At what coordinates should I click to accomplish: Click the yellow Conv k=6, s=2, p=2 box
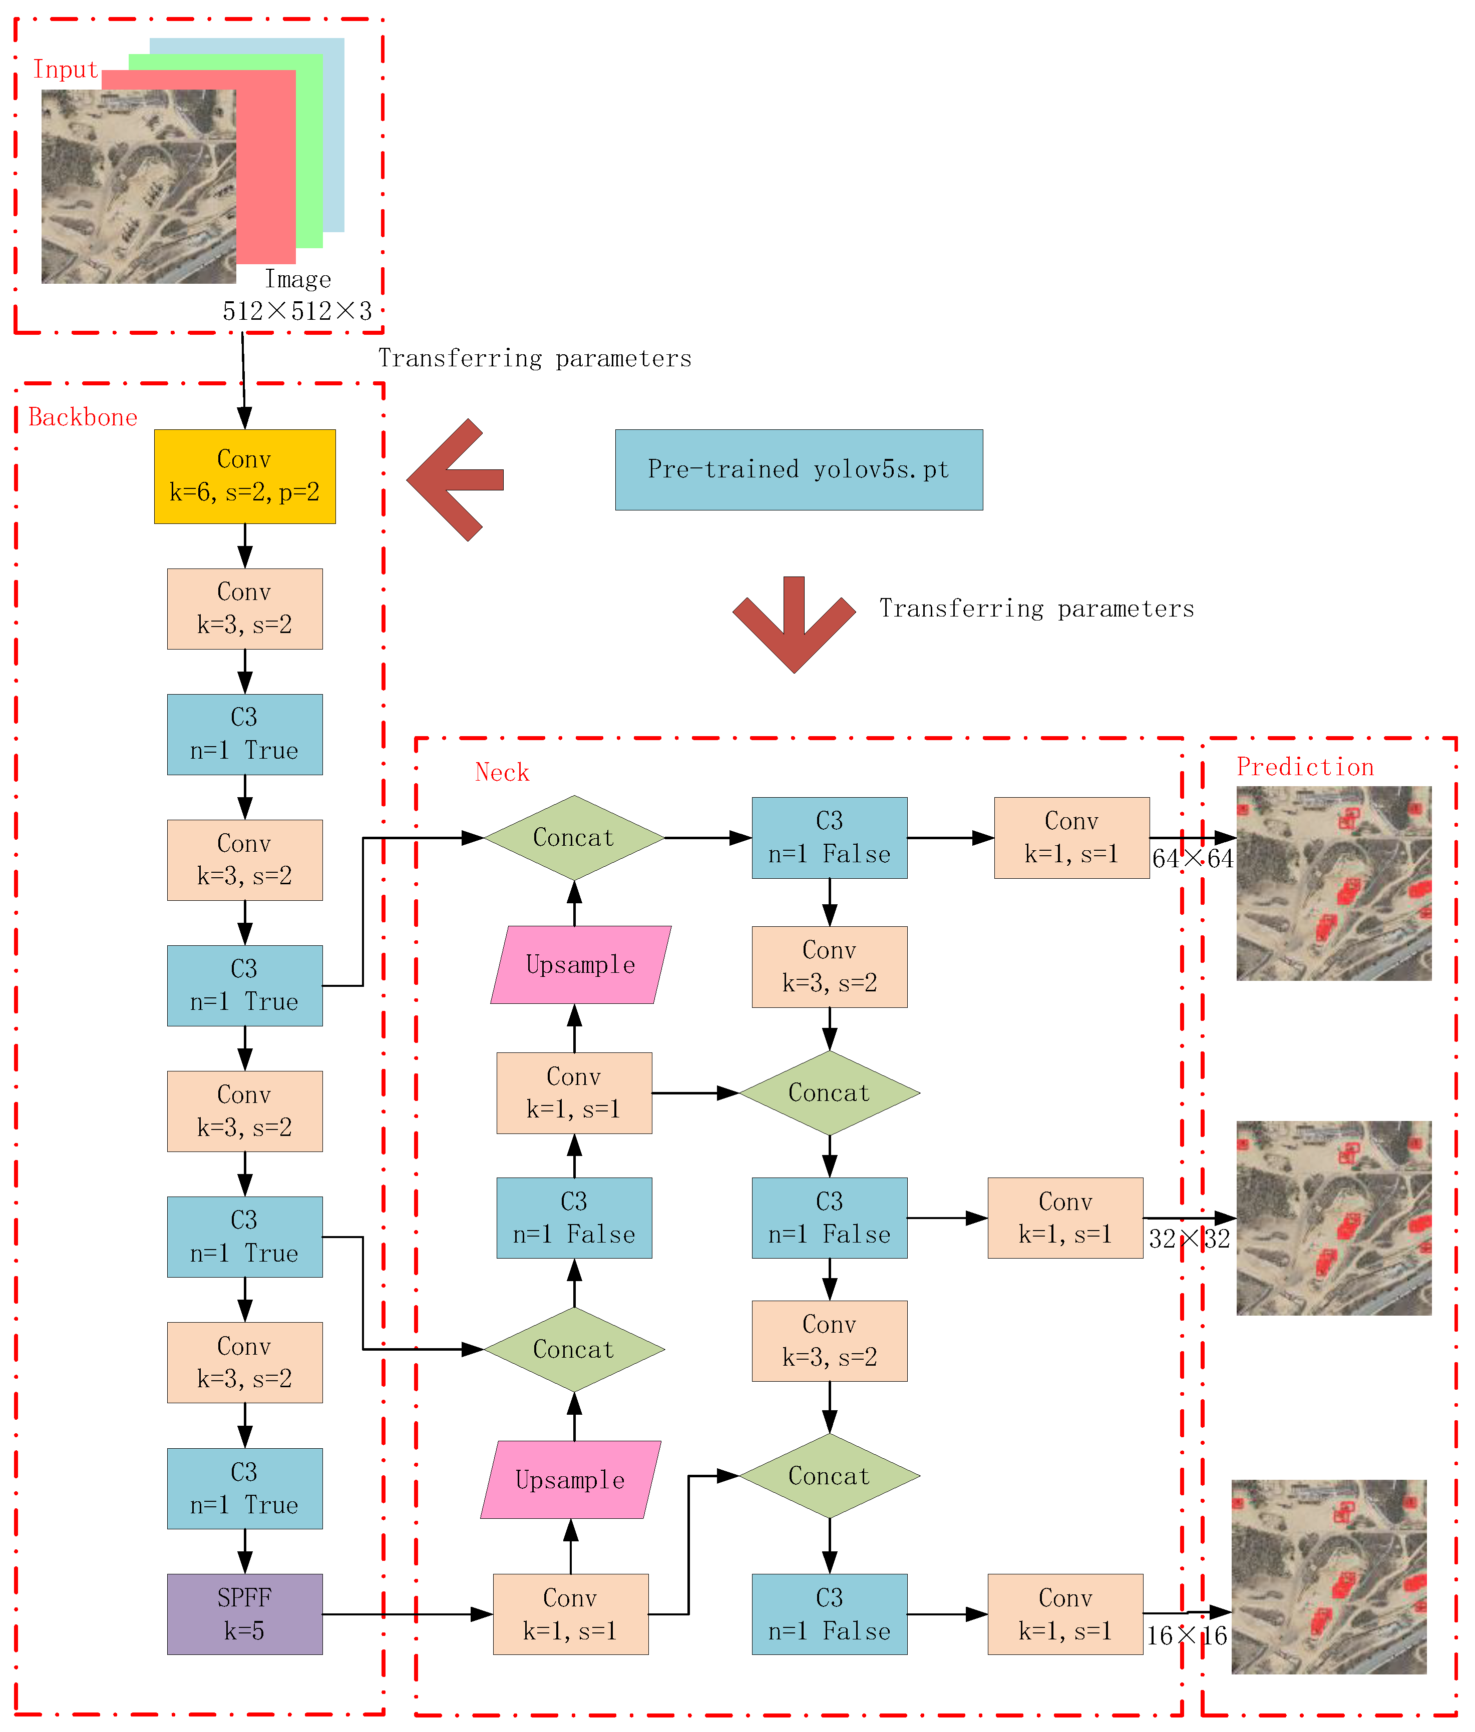[x=244, y=476]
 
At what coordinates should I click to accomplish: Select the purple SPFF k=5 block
[x=244, y=1613]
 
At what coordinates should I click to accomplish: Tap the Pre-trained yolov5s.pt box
[x=799, y=470]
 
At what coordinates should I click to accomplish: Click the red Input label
[x=65, y=70]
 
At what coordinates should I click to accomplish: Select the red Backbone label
[x=83, y=417]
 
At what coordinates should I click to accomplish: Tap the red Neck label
[x=502, y=772]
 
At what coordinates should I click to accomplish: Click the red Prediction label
[x=1304, y=767]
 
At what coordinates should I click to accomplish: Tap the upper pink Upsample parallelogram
[x=580, y=965]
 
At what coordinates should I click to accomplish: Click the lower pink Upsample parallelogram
[x=570, y=1480]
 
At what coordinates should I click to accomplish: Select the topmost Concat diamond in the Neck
[x=574, y=838]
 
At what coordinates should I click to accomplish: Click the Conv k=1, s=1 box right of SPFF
[x=570, y=1613]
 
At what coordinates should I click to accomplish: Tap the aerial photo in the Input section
[x=138, y=186]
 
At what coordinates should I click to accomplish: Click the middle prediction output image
[x=1334, y=1218]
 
